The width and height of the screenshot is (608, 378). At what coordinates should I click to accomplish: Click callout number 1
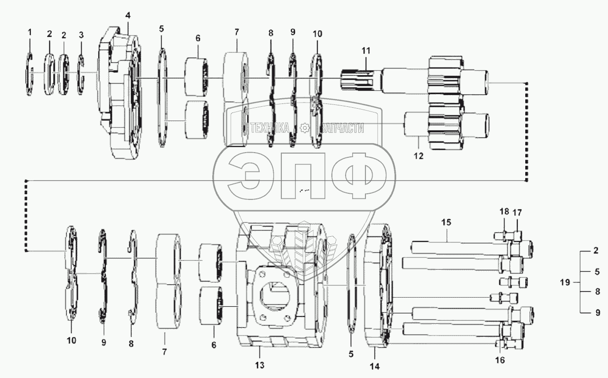point(29,32)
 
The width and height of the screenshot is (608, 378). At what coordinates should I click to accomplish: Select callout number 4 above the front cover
point(128,15)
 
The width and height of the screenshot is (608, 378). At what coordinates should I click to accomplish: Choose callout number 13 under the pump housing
point(260,365)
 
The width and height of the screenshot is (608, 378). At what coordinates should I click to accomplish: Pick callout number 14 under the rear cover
point(374,365)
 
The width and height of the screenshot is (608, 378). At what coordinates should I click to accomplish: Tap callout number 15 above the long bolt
point(446,222)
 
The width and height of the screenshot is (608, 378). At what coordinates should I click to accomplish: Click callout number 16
point(500,361)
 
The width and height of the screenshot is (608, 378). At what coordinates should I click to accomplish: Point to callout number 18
point(504,212)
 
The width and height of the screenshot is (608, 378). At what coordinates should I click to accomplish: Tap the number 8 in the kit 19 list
point(598,292)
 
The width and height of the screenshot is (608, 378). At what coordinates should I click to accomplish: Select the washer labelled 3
point(81,74)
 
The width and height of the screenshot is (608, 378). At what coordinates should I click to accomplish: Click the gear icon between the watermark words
point(304,128)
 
